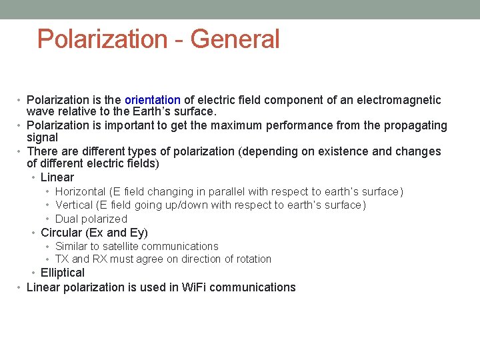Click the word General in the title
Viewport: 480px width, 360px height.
[x=235, y=39]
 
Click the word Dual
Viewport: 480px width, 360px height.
[x=66, y=219]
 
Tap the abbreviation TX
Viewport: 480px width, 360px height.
[x=62, y=259]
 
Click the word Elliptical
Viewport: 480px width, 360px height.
[x=63, y=273]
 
